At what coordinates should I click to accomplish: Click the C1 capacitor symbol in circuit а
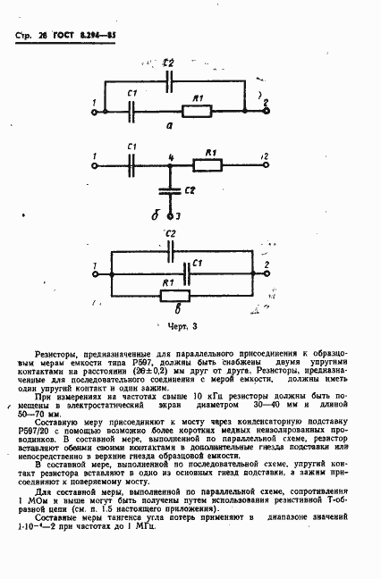tap(131, 110)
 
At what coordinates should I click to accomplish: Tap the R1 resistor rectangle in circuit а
tap(198, 110)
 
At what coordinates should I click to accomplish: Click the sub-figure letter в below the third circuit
tap(178, 308)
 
